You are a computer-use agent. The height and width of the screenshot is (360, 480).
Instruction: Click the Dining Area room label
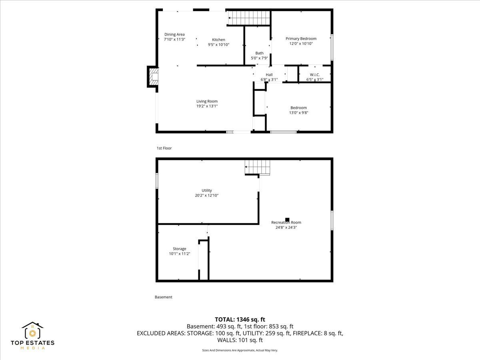click(174, 34)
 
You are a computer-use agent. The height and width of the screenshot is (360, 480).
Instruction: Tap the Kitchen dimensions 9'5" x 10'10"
click(218, 44)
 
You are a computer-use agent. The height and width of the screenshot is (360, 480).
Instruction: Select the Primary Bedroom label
click(301, 38)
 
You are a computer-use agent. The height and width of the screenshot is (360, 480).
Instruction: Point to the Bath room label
click(259, 53)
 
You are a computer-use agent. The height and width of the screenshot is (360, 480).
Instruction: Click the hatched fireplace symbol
click(153, 77)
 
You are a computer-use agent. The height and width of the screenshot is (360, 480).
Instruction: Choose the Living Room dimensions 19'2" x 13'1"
click(207, 106)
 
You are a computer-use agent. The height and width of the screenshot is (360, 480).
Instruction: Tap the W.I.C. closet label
click(315, 74)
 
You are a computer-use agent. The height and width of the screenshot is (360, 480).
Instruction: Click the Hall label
click(269, 74)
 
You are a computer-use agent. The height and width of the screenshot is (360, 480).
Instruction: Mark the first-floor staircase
click(249, 18)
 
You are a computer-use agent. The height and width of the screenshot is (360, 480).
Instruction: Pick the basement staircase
click(257, 167)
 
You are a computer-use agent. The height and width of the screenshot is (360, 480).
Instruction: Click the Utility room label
click(207, 190)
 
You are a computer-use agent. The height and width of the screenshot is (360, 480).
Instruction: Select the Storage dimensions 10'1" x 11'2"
click(179, 254)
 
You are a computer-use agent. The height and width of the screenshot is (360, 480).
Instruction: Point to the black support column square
click(287, 220)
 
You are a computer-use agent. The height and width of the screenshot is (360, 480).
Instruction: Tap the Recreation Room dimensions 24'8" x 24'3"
click(286, 227)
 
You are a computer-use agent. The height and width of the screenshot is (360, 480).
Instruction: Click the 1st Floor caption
click(164, 148)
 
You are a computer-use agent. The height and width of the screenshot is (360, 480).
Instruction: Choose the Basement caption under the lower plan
click(163, 297)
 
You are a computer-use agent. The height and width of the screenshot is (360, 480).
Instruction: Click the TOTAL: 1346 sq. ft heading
click(240, 320)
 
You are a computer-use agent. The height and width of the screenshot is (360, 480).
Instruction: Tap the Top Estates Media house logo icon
click(32, 330)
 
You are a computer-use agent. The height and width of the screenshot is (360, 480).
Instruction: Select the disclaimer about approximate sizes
click(240, 350)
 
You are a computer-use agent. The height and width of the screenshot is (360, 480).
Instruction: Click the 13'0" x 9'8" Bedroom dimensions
click(298, 112)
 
